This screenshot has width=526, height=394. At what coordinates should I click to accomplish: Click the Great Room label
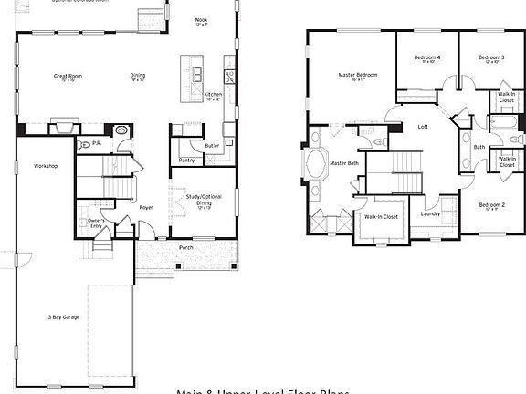[66, 76]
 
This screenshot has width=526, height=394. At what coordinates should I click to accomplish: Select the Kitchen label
[212, 94]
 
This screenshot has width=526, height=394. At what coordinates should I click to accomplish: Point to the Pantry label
[186, 160]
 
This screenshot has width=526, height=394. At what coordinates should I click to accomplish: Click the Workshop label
[46, 166]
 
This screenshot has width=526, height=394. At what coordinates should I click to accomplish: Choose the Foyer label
[146, 208]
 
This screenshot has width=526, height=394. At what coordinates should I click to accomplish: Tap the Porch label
[186, 247]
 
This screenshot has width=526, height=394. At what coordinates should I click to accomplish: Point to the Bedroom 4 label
[426, 57]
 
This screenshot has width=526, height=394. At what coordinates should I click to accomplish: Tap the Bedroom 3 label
[491, 57]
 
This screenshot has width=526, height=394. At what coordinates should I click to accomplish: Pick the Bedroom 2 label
[491, 205]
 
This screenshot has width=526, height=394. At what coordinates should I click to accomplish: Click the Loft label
[423, 126]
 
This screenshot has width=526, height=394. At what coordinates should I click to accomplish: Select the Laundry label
[431, 214]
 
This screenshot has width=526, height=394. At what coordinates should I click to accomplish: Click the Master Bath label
[344, 162]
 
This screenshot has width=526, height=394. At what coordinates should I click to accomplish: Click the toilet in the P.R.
[85, 145]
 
